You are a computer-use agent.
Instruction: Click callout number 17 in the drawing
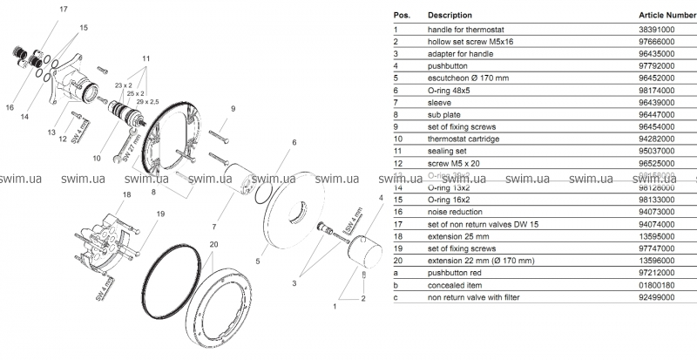63,9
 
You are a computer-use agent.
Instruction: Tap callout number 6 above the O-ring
294,142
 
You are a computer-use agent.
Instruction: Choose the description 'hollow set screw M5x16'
465,41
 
